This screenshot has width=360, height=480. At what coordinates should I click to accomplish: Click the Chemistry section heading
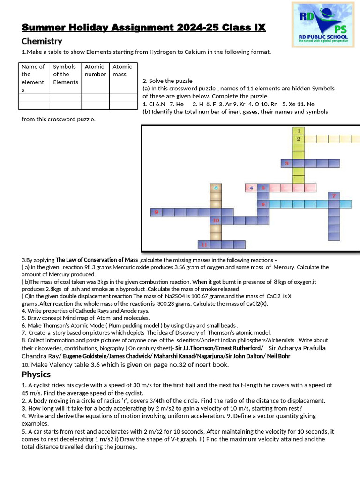coord(42,41)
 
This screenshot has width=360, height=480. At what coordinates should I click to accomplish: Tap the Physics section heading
coord(36,375)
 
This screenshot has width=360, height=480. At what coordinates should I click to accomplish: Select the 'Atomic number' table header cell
coord(95,70)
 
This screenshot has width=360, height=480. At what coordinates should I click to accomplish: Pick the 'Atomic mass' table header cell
coord(122,70)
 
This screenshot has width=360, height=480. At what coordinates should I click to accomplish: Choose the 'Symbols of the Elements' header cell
coord(65,74)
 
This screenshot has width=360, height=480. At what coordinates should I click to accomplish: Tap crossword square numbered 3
coord(286,163)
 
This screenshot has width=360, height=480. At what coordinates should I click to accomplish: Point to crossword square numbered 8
coord(216,187)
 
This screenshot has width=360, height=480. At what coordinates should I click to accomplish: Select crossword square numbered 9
coord(156,212)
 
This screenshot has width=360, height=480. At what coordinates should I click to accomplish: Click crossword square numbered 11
coord(204,244)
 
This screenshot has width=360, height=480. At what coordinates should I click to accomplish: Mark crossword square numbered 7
coord(334,195)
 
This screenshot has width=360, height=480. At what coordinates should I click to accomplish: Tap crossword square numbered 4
coord(251,187)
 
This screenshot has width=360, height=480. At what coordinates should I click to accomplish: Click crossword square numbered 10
coord(216,220)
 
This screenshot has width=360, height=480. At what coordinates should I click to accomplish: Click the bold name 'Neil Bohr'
coord(277,356)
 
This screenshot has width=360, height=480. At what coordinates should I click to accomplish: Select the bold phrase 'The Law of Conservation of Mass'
coord(97,260)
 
